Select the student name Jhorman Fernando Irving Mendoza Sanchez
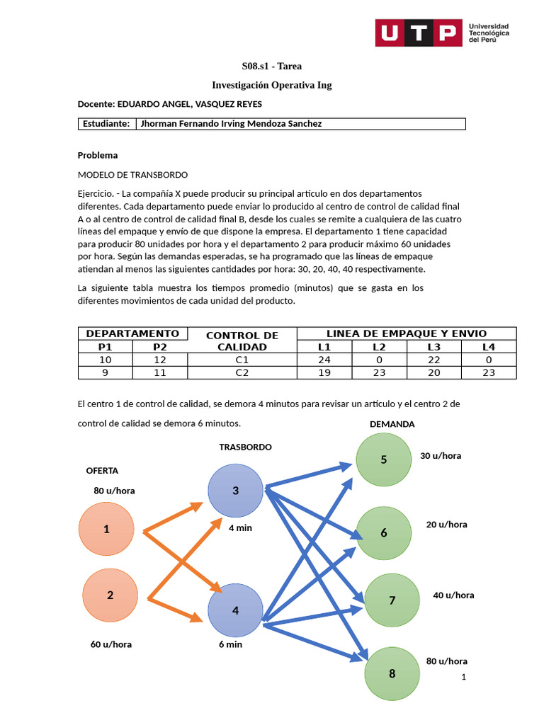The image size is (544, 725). (231, 124)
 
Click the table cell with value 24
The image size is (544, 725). (324, 360)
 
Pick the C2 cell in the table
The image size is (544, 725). (242, 372)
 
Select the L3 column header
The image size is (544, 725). (433, 347)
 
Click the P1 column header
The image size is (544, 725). (105, 347)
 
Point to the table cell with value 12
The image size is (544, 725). (160, 360)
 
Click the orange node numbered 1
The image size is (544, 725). (106, 529)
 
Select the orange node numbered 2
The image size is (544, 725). (110, 595)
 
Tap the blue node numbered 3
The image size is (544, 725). (235, 491)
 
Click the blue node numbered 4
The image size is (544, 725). (235, 610)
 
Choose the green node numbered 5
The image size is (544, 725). (383, 460)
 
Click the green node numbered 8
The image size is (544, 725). (392, 673)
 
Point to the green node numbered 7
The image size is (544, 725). (392, 600)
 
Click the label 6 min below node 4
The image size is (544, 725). (231, 644)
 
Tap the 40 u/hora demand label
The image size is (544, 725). (453, 595)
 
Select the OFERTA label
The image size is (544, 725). (102, 471)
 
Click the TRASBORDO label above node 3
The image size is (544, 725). (245, 447)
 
